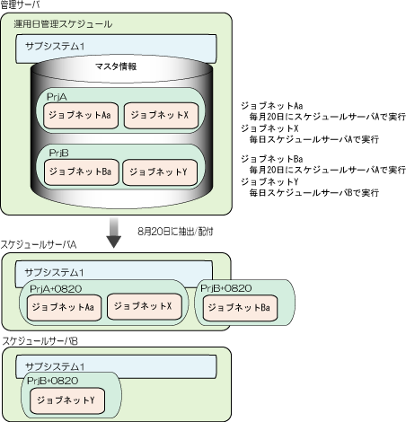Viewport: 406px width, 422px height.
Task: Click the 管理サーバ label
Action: (20, 4)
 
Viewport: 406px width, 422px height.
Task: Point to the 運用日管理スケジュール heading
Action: (63, 24)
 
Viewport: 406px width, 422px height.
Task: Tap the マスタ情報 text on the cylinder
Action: (116, 66)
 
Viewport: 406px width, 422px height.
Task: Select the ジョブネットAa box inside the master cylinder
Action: (81, 116)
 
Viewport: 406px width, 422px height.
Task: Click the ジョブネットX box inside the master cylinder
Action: (161, 116)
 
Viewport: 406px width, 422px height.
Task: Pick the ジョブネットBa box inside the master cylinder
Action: (82, 172)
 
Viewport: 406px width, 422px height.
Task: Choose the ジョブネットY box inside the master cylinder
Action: (160, 172)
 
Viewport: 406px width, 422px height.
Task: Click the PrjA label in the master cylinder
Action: (57, 97)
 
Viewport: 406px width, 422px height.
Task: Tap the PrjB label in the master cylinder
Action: (58, 153)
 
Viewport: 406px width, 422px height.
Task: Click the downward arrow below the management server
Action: (114, 233)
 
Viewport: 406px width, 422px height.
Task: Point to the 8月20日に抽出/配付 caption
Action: (175, 232)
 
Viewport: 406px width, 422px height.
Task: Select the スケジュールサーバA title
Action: (39, 245)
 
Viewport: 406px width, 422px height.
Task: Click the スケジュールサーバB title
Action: (40, 341)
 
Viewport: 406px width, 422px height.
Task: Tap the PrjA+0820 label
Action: (56, 289)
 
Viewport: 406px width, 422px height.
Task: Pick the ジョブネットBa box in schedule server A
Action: (240, 308)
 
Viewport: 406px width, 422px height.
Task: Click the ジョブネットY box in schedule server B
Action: (67, 401)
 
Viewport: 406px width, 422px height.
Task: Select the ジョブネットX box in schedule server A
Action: (145, 307)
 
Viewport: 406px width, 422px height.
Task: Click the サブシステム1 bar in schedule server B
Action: (116, 366)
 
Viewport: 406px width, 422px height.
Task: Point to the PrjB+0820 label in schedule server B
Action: (53, 381)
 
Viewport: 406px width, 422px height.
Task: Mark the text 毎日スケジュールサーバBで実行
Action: (314, 193)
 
